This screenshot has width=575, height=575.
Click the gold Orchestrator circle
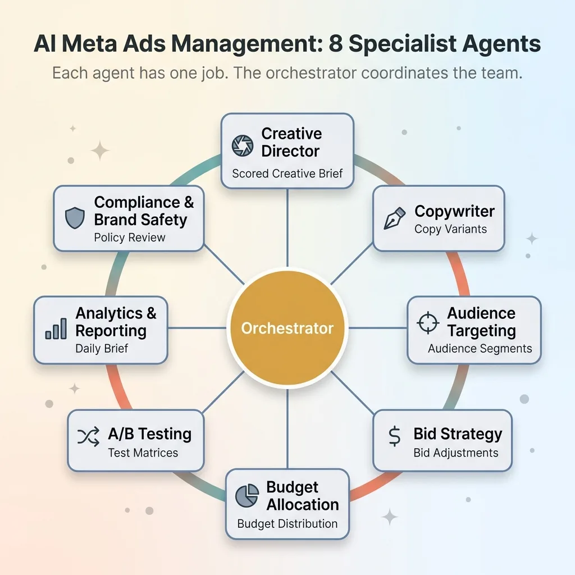pyautogui.click(x=287, y=328)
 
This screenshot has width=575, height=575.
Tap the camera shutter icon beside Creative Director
pyautogui.click(x=243, y=145)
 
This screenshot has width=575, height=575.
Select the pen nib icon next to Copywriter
pyautogui.click(x=394, y=219)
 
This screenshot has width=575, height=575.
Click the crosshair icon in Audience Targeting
pyautogui.click(x=428, y=322)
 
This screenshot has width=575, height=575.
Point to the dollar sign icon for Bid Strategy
pyautogui.click(x=394, y=436)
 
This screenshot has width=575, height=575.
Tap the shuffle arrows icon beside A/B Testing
pyautogui.click(x=88, y=436)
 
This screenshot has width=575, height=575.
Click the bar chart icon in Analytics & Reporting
pyautogui.click(x=56, y=328)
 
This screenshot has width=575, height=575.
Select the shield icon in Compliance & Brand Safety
pyautogui.click(x=75, y=218)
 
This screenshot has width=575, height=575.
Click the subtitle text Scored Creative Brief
pyautogui.click(x=287, y=174)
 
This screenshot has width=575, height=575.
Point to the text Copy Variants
pyautogui.click(x=450, y=229)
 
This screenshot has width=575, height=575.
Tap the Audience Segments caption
pyautogui.click(x=480, y=349)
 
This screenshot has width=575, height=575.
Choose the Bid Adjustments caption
pyautogui.click(x=455, y=453)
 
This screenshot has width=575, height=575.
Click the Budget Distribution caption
pyautogui.click(x=287, y=524)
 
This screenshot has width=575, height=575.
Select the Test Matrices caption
pyautogui.click(x=143, y=453)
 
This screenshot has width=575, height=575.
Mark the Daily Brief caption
pyautogui.click(x=102, y=349)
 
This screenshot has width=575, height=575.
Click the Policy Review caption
pyautogui.click(x=130, y=238)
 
